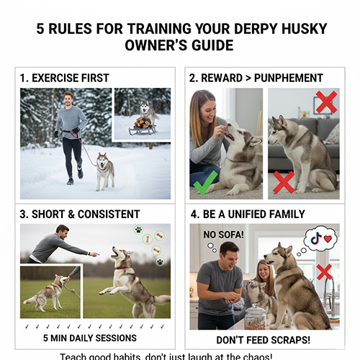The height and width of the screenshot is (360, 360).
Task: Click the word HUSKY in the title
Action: click(297, 29)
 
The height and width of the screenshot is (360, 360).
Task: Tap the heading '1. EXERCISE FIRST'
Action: click(64, 78)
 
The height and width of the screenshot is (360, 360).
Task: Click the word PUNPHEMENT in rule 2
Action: click(287, 78)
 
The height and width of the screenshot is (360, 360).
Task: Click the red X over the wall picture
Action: click(326, 102)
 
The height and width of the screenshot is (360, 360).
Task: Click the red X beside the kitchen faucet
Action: click(323, 271)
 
